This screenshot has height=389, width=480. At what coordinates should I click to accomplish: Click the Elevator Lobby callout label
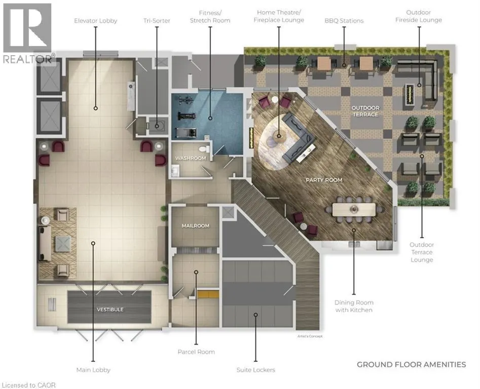95,21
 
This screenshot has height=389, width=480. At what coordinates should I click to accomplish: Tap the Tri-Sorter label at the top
157,21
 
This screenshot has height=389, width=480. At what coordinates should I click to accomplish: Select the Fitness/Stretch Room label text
210,17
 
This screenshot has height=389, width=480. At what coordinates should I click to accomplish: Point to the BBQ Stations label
344,21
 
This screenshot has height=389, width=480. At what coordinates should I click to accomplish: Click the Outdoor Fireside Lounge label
419,16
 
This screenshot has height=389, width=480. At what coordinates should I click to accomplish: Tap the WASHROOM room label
191,158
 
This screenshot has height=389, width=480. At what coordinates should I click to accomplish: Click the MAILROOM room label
196,226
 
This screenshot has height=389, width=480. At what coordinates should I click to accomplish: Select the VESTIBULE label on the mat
110,309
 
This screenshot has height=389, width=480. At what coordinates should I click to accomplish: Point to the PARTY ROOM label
324,180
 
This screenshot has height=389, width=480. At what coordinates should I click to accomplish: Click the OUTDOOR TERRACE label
365,111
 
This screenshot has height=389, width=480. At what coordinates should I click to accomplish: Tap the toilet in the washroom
204,149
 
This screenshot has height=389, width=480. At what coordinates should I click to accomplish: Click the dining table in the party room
354,210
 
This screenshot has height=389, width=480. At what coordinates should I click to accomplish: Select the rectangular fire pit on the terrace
409,94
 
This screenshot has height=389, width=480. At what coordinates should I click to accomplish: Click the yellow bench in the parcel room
208,294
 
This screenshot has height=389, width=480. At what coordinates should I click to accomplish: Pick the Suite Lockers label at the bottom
255,370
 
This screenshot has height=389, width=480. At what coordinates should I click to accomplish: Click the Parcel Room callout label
196,352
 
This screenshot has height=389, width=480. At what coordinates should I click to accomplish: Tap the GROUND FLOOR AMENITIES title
412,365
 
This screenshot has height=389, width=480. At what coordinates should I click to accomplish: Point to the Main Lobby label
93,370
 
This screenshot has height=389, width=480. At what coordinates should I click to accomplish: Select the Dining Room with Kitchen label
354,306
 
